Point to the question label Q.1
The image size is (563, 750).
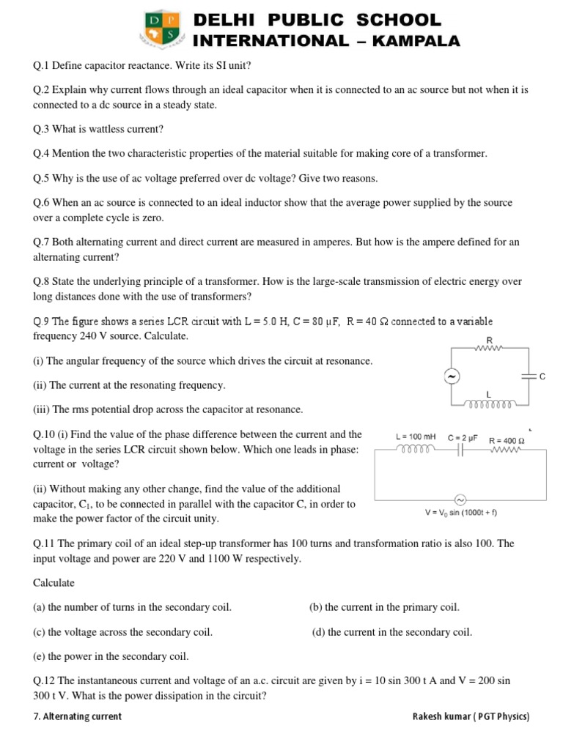pos(41,66)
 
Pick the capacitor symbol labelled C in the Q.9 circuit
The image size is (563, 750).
pos(526,376)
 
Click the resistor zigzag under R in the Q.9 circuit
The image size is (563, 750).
pos(487,349)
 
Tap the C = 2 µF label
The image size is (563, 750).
pos(463,437)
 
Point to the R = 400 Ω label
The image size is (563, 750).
pos(507,440)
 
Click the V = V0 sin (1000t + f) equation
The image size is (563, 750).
pos(460,512)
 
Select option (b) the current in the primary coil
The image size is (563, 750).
pos(385,607)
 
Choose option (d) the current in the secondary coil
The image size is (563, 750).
pos(392,632)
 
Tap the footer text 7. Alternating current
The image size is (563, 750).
pos(78,716)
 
